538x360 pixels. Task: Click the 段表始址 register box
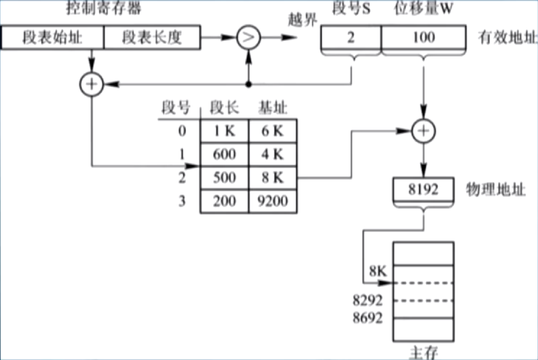coord(53,38)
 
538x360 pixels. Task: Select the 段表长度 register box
coord(152,38)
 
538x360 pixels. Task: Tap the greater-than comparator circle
coord(249,38)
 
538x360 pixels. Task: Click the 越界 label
coord(302,19)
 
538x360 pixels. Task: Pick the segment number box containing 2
coord(351,38)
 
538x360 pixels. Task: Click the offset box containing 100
coord(424,38)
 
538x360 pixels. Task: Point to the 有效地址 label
coord(507,38)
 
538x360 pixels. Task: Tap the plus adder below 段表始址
coord(92,84)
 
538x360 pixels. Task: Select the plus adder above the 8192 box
coord(424,131)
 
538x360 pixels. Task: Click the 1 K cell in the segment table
coord(224,131)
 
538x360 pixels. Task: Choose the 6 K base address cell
coord(272,131)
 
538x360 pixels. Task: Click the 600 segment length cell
coord(224,155)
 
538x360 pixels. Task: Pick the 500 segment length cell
coord(224,178)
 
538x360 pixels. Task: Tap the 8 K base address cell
coord(272,178)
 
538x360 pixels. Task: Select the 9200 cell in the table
coord(272,201)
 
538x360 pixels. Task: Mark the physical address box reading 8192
coord(424,189)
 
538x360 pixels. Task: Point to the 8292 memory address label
coord(367,300)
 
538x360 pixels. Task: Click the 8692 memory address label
coord(367,318)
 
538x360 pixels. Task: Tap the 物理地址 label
coord(495,189)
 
